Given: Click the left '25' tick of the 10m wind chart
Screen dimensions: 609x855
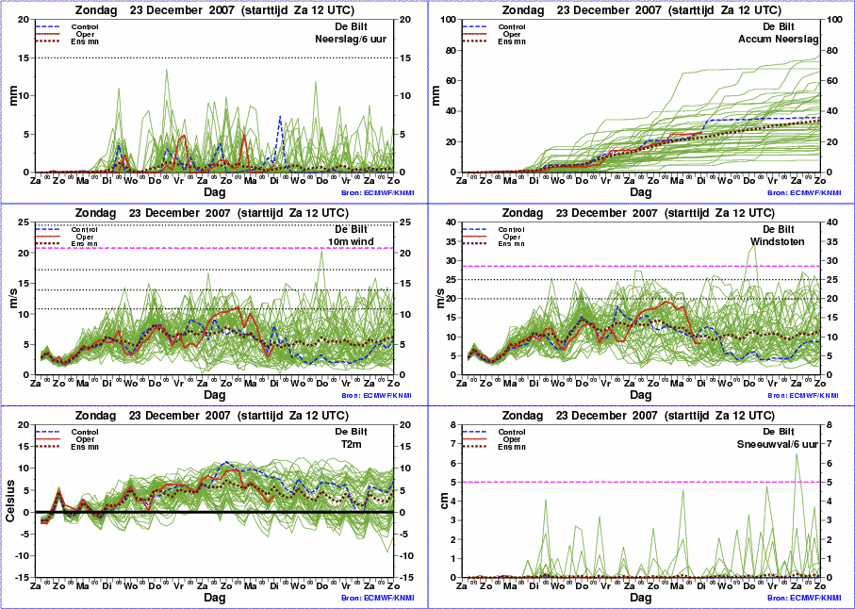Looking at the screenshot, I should pyautogui.click(x=24, y=222).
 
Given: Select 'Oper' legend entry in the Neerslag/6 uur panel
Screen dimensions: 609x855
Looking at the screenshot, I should pyautogui.click(x=85, y=34).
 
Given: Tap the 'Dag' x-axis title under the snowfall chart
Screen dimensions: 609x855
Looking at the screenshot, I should pyautogui.click(x=641, y=598).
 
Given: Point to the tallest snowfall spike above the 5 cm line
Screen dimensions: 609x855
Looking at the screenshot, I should pyautogui.click(x=797, y=455).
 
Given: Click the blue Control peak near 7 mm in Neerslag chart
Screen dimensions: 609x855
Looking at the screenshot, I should pyautogui.click(x=280, y=118).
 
